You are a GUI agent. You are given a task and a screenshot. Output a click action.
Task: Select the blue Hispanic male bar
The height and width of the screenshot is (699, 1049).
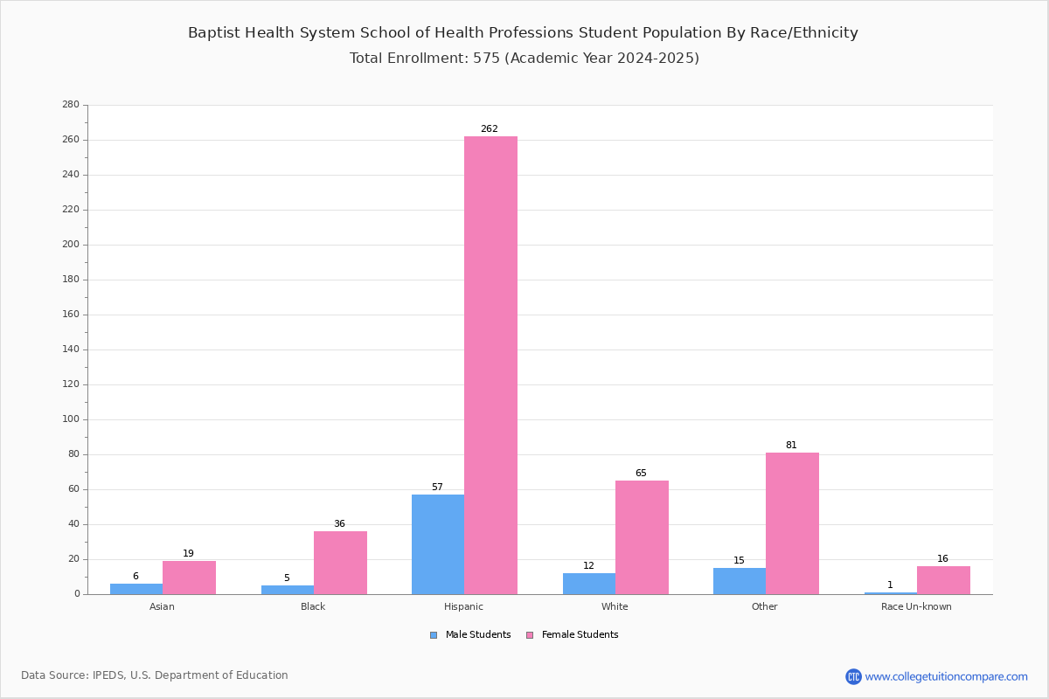pos(438,544)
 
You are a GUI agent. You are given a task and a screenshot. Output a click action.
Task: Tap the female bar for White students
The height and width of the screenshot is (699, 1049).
pos(642,537)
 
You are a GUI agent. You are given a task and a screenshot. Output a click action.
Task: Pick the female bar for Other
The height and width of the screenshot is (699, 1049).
pos(792,523)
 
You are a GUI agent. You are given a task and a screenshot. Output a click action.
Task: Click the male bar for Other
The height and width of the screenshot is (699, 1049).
pos(740,581)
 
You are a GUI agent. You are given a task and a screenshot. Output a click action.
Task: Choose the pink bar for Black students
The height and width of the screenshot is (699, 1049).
pos(340,563)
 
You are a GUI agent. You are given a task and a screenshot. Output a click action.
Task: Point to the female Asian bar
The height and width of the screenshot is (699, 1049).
pos(189,578)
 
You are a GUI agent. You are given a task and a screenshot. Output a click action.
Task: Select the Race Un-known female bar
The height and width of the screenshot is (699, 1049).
pos(943,580)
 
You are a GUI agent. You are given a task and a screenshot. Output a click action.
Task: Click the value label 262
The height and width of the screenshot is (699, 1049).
pos(490,129)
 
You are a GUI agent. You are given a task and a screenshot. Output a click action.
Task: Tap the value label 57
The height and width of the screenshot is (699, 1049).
pos(437,488)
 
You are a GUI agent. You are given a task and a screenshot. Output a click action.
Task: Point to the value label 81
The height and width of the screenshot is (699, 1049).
pos(791,446)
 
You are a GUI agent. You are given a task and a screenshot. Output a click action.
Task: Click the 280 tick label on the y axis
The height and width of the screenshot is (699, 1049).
pos(70,105)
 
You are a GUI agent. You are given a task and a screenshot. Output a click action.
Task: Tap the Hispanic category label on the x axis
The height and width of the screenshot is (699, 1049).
pos(463,606)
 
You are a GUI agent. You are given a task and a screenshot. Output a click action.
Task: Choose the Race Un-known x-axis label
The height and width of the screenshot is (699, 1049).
pos(916,606)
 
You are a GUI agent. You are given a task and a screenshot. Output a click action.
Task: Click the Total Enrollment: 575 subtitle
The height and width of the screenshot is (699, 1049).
pos(524,59)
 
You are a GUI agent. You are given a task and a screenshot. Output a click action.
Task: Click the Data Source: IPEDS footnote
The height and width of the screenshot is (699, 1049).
pos(155,675)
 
